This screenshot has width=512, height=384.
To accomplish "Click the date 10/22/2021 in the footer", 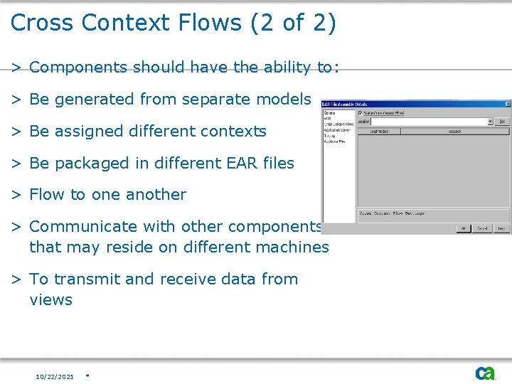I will click(x=55, y=376).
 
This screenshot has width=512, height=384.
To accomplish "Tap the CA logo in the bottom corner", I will click(x=485, y=373).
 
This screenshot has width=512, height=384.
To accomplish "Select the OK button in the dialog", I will click(x=462, y=229).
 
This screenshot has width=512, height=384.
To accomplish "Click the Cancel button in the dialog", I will click(x=482, y=229).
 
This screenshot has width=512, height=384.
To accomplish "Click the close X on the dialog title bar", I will click(x=507, y=104).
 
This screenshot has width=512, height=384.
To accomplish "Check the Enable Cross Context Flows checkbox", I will click(x=361, y=113).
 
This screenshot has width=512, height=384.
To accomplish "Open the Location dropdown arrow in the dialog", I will click(x=489, y=122).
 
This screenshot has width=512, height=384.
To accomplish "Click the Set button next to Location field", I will click(x=502, y=122).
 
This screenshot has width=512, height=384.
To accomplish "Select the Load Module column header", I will click(x=378, y=131).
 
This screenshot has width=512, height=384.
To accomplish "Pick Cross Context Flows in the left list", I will click(x=338, y=124).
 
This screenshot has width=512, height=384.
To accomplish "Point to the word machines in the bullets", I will click(x=294, y=247).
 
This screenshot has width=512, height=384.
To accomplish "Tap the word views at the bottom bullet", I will click(x=50, y=300).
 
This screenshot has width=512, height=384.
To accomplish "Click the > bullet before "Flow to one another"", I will click(x=16, y=195).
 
